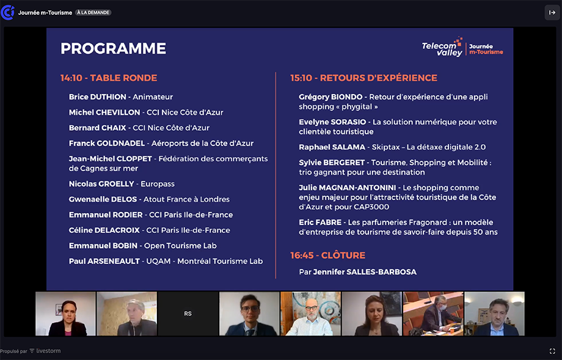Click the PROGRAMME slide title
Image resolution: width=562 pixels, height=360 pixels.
113,48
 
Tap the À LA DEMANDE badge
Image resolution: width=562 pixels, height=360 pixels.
93,13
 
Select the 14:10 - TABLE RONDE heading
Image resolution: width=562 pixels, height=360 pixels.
109,78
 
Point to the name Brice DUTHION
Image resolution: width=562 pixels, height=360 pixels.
98,97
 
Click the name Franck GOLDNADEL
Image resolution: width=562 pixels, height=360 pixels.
107,143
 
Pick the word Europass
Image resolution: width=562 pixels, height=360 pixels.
158,184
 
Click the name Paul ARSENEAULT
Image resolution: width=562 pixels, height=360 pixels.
104,261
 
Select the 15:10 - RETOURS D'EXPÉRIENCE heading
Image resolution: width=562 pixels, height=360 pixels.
364,78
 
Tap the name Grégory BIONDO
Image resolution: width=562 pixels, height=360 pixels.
330,97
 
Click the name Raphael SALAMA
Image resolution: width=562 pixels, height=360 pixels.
332,147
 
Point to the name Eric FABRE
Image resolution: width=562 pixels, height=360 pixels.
320,222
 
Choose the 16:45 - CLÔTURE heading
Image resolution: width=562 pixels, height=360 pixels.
327,255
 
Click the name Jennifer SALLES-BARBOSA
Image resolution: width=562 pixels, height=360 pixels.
365,272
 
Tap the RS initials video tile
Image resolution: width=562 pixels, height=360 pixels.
188,314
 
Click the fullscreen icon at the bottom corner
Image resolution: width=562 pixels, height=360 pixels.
552,351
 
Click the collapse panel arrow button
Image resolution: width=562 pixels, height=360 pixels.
552,13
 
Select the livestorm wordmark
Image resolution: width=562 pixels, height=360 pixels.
48,351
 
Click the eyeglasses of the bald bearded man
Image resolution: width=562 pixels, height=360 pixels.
311,307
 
